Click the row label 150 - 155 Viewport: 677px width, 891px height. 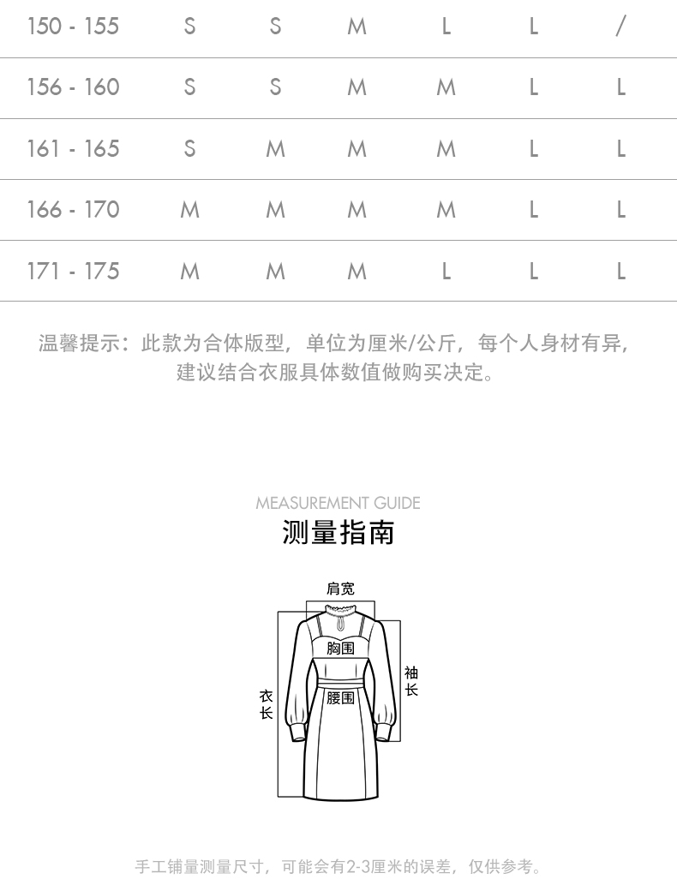tap(73, 27)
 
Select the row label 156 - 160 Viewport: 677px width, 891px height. tap(73, 87)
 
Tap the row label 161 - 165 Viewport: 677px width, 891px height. tap(73, 149)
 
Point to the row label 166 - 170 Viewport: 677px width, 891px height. tap(73, 210)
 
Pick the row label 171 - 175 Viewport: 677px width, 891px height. tap(73, 272)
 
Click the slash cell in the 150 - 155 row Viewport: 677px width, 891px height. tap(620, 27)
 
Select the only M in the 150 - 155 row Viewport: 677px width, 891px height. tap(356, 27)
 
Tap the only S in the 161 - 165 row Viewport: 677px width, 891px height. tap(189, 149)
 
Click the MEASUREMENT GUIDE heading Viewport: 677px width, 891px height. tap(338, 503)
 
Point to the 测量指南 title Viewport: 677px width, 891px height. tap(338, 532)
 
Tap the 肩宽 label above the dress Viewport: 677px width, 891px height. tap(340, 589)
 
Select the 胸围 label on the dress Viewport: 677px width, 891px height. tap(340, 649)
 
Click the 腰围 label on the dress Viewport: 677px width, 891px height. tap(340, 698)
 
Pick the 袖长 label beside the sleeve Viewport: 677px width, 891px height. tap(411, 681)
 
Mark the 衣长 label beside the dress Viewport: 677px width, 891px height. tap(266, 704)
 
